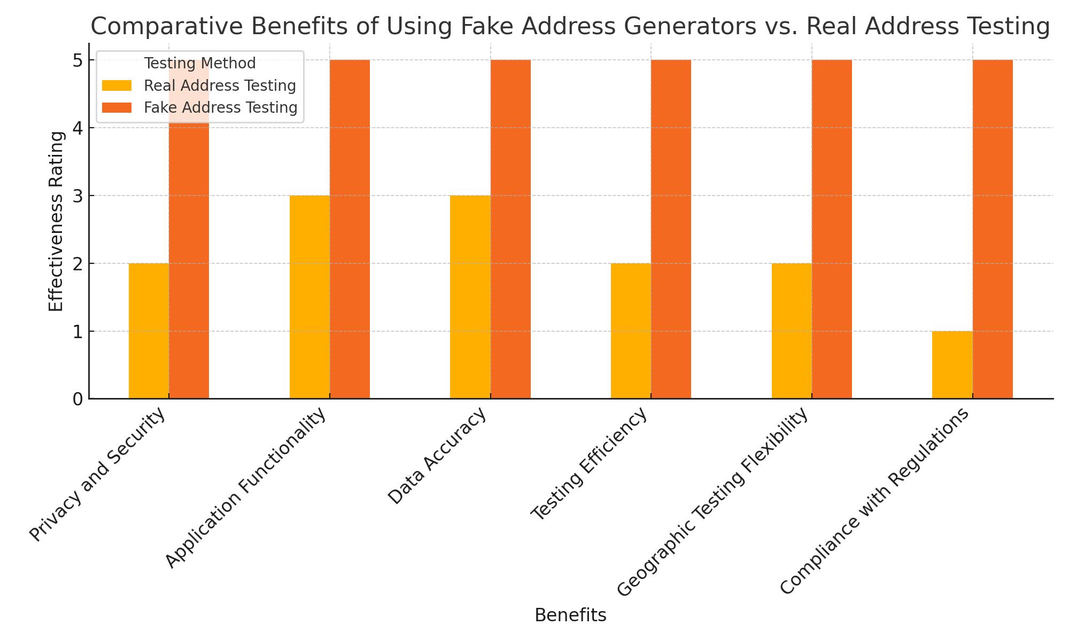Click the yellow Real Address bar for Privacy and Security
[149, 331]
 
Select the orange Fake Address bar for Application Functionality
[350, 230]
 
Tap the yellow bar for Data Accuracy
[470, 297]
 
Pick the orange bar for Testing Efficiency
[671, 230]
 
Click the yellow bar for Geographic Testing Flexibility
[792, 331]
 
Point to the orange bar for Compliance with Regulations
[993, 230]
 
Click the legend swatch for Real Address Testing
[117, 85]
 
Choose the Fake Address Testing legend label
[220, 107]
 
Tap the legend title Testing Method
[200, 63]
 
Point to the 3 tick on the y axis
[78, 196]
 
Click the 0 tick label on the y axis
[78, 399]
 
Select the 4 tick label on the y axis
[78, 128]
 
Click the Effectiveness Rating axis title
[56, 221]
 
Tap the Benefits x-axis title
[570, 615]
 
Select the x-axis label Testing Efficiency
[589, 464]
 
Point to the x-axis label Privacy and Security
[97, 475]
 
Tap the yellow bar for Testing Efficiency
[631, 331]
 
